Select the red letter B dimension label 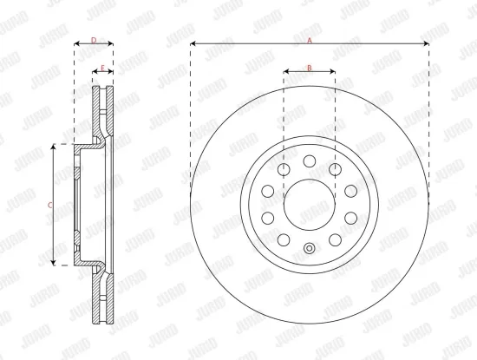(309, 67)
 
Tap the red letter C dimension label (49, 204)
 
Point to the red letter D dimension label (93, 39)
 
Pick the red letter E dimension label (102, 67)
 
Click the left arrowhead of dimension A (193, 43)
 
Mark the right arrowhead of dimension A (426, 43)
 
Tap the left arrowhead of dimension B (286, 73)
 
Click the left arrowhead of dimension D (76, 43)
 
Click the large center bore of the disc (309, 204)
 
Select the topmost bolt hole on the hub (309, 160)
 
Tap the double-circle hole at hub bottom (309, 249)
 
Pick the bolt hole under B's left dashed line (284, 168)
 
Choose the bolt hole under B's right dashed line (335, 168)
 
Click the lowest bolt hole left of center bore (284, 239)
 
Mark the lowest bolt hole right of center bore (335, 239)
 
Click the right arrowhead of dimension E (111, 73)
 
